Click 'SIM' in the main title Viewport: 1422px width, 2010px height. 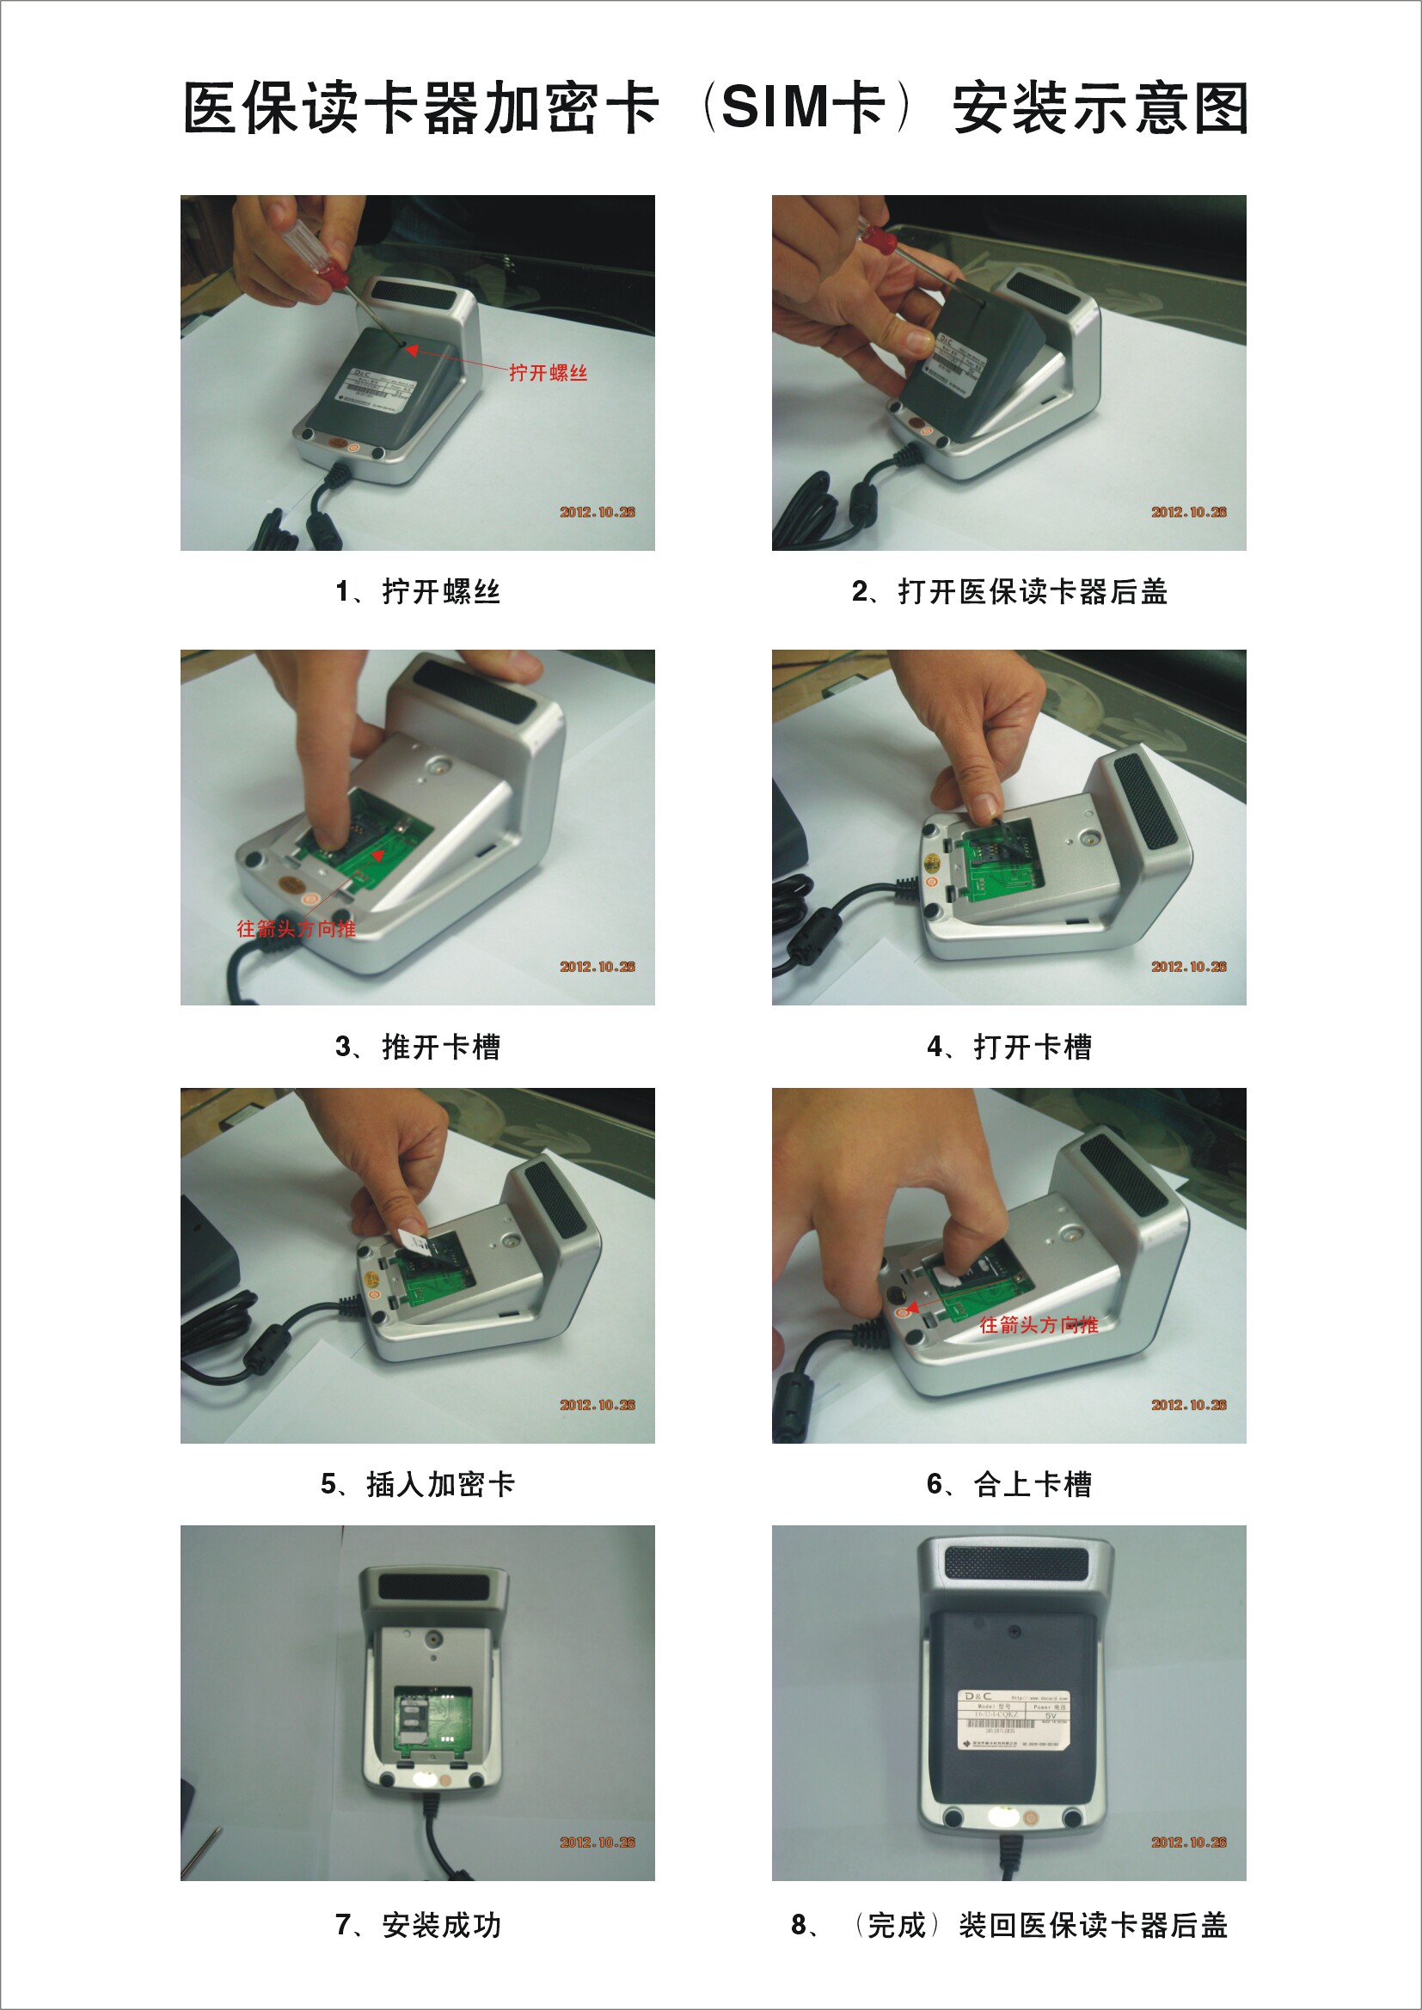[x=774, y=107]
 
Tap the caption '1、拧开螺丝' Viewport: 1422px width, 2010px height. [x=418, y=592]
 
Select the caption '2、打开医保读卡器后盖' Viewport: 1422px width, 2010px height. [x=1008, y=592]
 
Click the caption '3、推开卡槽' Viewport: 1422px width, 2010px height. [x=418, y=1046]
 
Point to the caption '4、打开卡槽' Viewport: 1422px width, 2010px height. [x=1008, y=1046]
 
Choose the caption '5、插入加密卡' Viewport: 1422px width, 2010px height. [x=418, y=1484]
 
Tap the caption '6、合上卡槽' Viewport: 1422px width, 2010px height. [x=1008, y=1484]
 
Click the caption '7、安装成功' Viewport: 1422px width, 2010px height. [x=418, y=1925]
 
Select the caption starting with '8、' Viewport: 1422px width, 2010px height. [x=1008, y=1925]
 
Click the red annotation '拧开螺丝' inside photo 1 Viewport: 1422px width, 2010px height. [x=549, y=373]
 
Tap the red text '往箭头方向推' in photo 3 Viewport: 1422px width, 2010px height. [x=296, y=929]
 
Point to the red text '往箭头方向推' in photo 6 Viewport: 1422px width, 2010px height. [x=1039, y=1325]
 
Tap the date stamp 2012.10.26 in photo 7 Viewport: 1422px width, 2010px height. [x=598, y=1842]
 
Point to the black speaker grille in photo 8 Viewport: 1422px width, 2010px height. [x=1015, y=1563]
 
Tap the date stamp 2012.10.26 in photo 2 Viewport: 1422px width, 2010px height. [x=1188, y=512]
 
